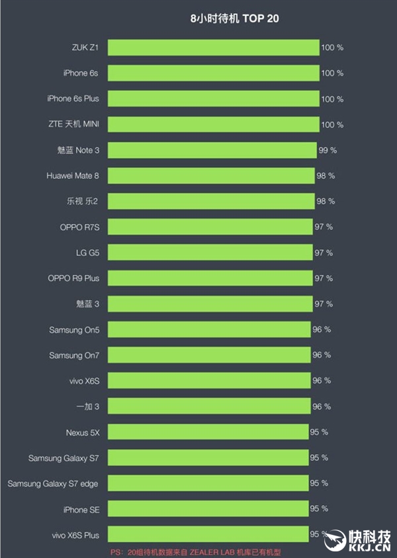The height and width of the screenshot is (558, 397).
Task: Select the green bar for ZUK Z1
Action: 213,48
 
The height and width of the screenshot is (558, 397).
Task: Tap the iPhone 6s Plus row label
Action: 73,99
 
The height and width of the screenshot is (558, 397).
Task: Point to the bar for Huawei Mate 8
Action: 210,176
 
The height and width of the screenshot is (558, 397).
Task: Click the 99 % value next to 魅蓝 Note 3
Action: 328,150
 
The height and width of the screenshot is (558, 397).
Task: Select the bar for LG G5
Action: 210,253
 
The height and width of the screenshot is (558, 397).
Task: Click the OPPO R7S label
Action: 79,227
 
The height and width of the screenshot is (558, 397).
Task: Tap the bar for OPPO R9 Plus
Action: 210,278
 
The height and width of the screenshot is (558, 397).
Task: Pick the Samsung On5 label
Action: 74,329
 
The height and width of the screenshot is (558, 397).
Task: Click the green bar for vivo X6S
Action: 209,381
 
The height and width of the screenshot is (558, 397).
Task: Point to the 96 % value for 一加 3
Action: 322,407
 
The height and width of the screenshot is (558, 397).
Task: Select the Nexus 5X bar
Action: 208,432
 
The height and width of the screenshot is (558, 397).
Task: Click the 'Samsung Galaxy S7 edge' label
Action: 53,484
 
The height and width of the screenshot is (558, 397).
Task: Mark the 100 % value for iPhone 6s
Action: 332,73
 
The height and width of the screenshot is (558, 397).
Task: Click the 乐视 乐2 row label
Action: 83,202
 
